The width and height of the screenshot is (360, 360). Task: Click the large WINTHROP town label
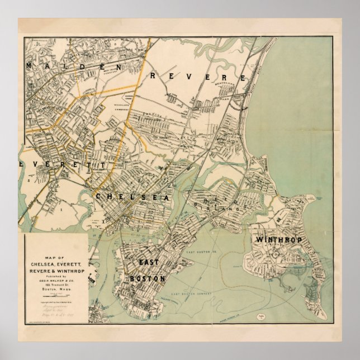(x=278, y=239)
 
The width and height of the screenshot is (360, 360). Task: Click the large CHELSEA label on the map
(x=132, y=197)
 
